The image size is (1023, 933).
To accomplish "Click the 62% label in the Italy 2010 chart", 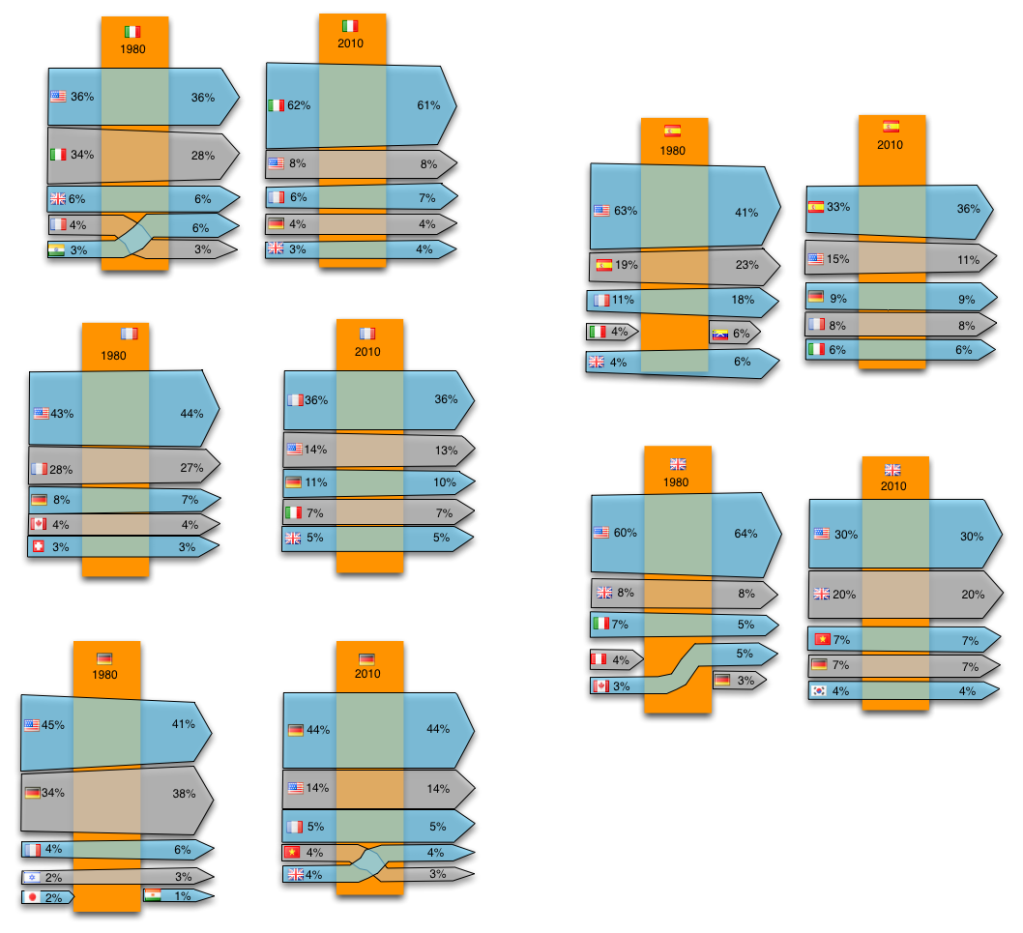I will (x=299, y=104).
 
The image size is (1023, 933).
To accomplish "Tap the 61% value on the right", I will (x=428, y=104).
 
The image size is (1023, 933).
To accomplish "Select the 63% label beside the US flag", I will (x=625, y=210).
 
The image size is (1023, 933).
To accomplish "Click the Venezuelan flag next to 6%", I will (x=719, y=334).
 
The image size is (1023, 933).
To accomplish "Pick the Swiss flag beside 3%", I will (x=40, y=547).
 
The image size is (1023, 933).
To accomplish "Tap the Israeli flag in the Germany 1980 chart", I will (x=32, y=877).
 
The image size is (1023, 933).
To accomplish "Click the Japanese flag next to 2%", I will (x=32, y=896).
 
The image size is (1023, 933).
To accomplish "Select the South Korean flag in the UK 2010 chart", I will (x=819, y=691).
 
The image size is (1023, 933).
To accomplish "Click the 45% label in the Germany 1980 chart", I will (x=52, y=724).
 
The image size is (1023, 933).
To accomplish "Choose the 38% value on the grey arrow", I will (x=184, y=793).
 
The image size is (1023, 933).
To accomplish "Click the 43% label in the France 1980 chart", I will (x=62, y=413).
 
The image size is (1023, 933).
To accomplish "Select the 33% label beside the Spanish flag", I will (x=838, y=206).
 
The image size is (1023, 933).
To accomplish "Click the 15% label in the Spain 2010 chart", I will (x=838, y=259).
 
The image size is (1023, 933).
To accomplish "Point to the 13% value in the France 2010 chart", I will (x=446, y=450).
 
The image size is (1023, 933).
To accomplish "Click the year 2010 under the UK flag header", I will (x=892, y=485).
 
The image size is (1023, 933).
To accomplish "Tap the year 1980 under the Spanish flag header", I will (x=673, y=150).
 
